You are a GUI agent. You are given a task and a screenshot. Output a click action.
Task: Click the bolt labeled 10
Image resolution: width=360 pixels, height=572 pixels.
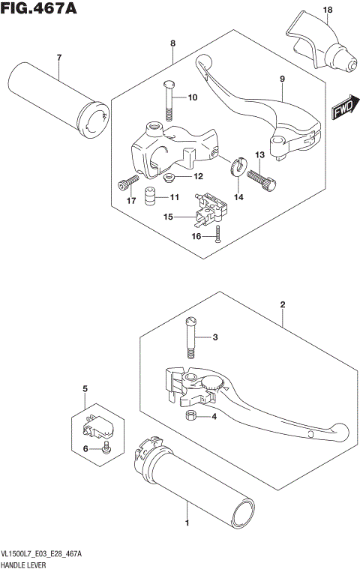[x=169, y=98]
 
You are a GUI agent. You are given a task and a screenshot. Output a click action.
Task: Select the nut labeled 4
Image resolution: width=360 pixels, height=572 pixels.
[x=191, y=416]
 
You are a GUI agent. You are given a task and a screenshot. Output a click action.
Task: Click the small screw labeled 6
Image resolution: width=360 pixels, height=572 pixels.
[x=107, y=448]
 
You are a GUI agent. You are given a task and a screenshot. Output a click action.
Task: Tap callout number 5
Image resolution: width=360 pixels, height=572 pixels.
[x=85, y=389]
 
